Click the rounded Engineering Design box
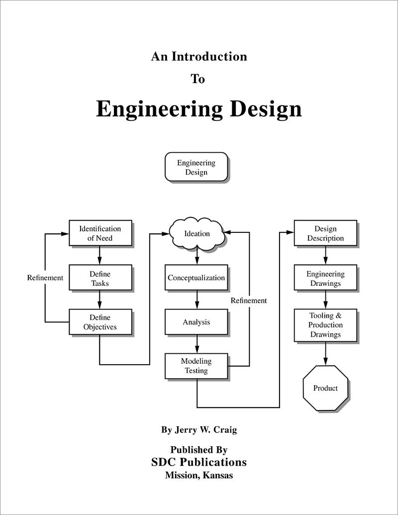coord(197,168)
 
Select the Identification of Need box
coord(100,233)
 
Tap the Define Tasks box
coord(100,278)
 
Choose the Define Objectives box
coord(100,322)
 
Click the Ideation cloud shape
coord(197,233)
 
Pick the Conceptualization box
coord(197,278)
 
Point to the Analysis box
coord(197,322)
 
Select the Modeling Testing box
coord(197,366)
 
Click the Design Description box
coord(325,233)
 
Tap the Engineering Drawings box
coord(325,278)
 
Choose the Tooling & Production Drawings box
coord(325,325)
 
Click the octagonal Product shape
coord(325,388)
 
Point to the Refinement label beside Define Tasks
coord(45,278)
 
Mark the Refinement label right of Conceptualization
coord(249,301)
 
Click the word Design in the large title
coord(265,109)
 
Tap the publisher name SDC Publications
coord(199,462)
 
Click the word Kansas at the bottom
coord(217,475)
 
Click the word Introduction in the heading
coord(209,57)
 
